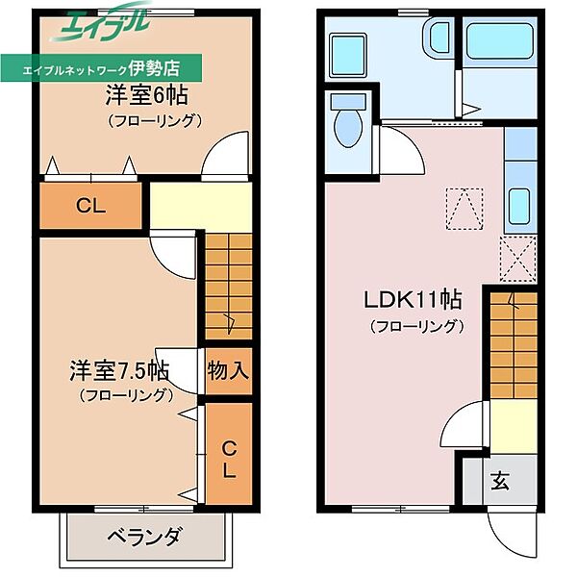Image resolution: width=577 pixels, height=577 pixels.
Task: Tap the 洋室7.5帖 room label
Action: (119, 369)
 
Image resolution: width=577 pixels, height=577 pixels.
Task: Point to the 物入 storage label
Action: (228, 370)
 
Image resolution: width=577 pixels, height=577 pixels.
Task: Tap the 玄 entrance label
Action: (502, 480)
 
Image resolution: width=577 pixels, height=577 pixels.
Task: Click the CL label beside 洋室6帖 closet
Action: (91, 204)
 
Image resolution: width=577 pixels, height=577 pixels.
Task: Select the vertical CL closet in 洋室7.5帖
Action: (230, 459)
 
